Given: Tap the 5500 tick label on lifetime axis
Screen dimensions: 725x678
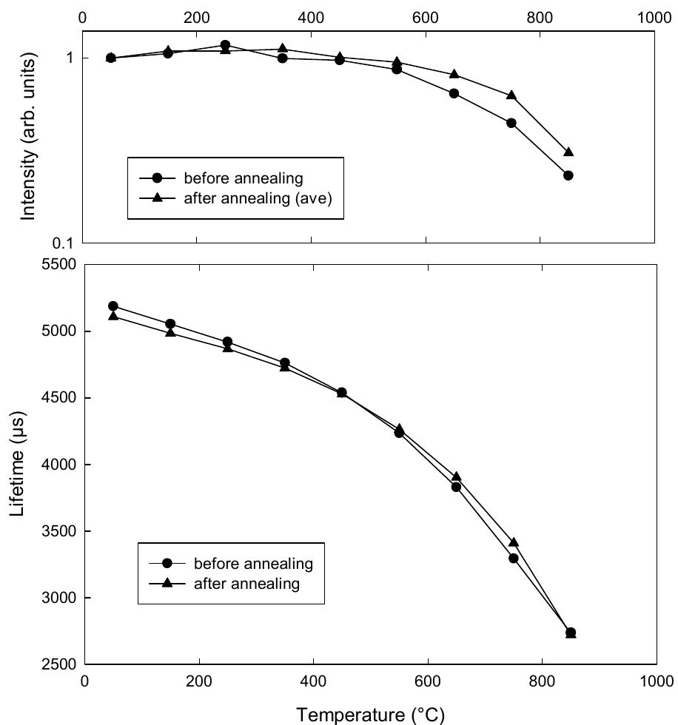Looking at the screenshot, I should coord(59,265).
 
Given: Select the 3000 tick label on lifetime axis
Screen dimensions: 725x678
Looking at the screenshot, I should coord(59,598).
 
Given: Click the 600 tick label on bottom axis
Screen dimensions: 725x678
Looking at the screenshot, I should coord(428,680).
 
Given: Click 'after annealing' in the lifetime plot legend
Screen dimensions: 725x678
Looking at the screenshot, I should coord(246,584).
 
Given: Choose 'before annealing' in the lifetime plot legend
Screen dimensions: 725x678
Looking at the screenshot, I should coord(253,564).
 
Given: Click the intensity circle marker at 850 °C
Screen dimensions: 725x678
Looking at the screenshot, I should coord(568,175).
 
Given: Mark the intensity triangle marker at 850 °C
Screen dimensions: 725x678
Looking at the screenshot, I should coord(568,152).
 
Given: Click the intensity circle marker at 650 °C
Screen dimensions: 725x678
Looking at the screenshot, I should coord(454,93).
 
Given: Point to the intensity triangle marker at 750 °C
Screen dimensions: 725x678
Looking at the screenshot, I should coord(511,95).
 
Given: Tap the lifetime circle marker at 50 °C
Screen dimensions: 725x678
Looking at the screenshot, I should coord(113,306).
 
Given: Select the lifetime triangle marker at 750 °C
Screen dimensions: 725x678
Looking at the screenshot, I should coord(513,542).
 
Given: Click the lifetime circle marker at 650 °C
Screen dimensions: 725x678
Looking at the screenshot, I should coord(456,486).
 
